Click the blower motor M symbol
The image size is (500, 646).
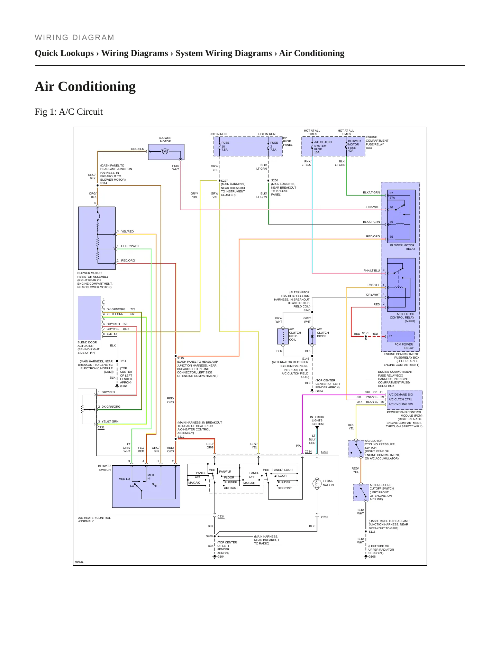coord(165,151)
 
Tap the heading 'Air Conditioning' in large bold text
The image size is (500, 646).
coord(85,86)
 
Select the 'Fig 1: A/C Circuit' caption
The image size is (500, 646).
coord(69,112)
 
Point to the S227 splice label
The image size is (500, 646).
coord(225,181)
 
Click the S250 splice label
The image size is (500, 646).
coord(274,180)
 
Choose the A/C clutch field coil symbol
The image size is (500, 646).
coord(283,336)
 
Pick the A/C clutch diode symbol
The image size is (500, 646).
coord(312,336)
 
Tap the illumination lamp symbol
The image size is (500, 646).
coord(317,483)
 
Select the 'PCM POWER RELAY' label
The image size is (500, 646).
coord(404,346)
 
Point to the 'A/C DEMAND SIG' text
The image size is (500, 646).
coord(401,395)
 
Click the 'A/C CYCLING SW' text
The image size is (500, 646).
coord(401,404)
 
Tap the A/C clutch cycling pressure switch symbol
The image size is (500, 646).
coord(356,449)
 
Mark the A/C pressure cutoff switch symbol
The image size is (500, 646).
coord(361,493)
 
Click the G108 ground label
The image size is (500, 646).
coord(372,557)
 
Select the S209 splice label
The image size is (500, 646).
coord(209,536)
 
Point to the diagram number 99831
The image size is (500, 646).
coord(80,562)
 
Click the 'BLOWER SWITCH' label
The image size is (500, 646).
coord(104,468)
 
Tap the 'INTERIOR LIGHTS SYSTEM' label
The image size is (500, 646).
coord(317,420)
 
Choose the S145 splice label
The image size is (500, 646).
coord(307,310)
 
